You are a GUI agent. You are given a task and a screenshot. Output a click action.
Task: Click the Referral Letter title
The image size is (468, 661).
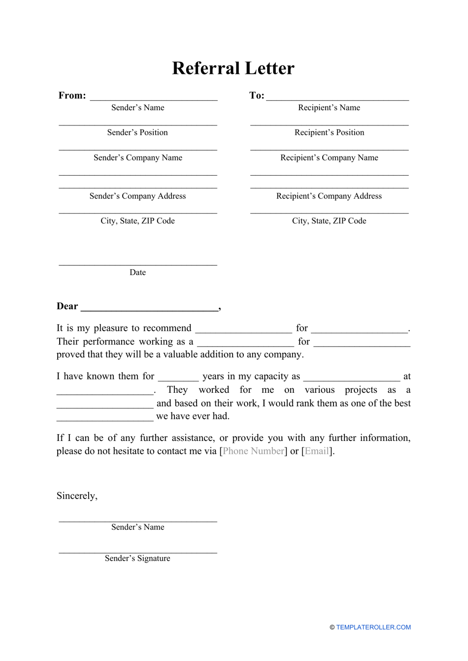(x=233, y=68)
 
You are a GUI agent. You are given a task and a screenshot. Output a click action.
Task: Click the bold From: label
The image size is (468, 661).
(x=72, y=95)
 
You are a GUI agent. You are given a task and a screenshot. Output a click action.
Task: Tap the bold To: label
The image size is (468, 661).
(x=257, y=95)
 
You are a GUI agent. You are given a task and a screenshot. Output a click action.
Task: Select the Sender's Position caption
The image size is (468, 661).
(x=137, y=132)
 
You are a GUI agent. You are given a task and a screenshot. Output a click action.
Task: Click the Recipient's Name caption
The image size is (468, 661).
(x=329, y=108)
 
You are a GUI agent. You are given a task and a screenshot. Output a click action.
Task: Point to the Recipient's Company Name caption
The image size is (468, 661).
(x=329, y=157)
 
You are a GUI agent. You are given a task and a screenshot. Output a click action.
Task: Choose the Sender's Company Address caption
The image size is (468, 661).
(x=137, y=196)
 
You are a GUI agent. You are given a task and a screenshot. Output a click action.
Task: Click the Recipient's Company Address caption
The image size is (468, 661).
(x=329, y=196)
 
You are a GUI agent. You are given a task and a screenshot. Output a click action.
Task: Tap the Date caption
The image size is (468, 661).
(x=137, y=272)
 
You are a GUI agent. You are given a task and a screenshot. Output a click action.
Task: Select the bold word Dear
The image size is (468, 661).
(x=67, y=306)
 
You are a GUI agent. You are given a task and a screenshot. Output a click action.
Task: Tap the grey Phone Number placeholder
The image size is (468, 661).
(x=253, y=451)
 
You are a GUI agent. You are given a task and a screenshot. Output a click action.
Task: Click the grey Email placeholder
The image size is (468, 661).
(x=317, y=451)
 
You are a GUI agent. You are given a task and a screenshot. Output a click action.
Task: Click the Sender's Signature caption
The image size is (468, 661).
(x=137, y=558)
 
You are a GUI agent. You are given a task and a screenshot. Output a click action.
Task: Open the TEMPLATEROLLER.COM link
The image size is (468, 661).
(x=373, y=627)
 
